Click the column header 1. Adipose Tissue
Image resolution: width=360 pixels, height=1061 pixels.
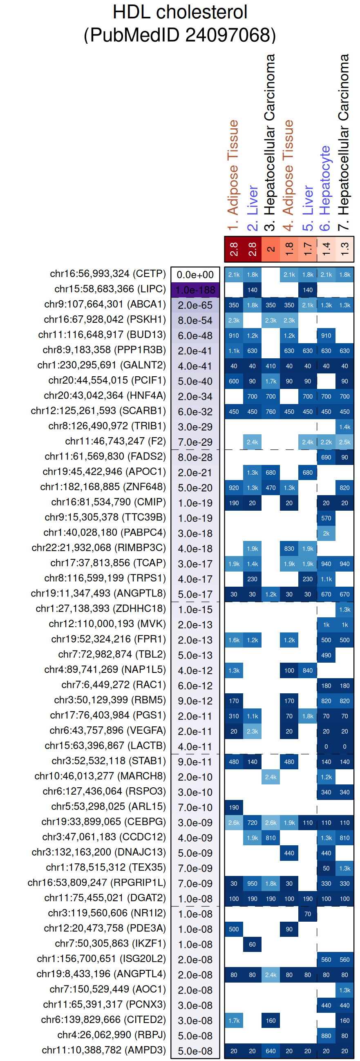click(x=233, y=175)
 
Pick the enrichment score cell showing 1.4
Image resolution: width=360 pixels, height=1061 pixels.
click(x=326, y=249)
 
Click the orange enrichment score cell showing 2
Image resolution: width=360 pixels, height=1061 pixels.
click(x=271, y=249)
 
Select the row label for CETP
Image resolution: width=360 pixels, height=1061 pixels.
click(x=107, y=274)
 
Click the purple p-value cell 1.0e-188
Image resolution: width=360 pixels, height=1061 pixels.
click(x=195, y=290)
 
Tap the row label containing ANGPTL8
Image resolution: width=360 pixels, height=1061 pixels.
click(x=98, y=594)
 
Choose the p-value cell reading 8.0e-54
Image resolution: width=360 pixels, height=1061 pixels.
click(x=195, y=320)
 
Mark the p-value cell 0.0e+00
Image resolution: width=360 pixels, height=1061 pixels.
click(x=195, y=275)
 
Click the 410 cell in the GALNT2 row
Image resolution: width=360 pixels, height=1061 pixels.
click(x=271, y=366)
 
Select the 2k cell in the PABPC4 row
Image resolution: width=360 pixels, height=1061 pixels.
click(x=326, y=534)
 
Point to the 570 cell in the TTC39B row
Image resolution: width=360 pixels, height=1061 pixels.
click(x=326, y=518)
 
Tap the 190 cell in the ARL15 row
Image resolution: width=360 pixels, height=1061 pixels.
click(x=234, y=807)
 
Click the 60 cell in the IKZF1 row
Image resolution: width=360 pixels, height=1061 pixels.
click(x=252, y=945)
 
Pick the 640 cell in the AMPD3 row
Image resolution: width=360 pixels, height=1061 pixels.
click(x=271, y=1051)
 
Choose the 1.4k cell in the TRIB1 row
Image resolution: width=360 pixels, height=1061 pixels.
click(x=345, y=427)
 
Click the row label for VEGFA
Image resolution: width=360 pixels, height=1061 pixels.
click(x=107, y=730)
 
